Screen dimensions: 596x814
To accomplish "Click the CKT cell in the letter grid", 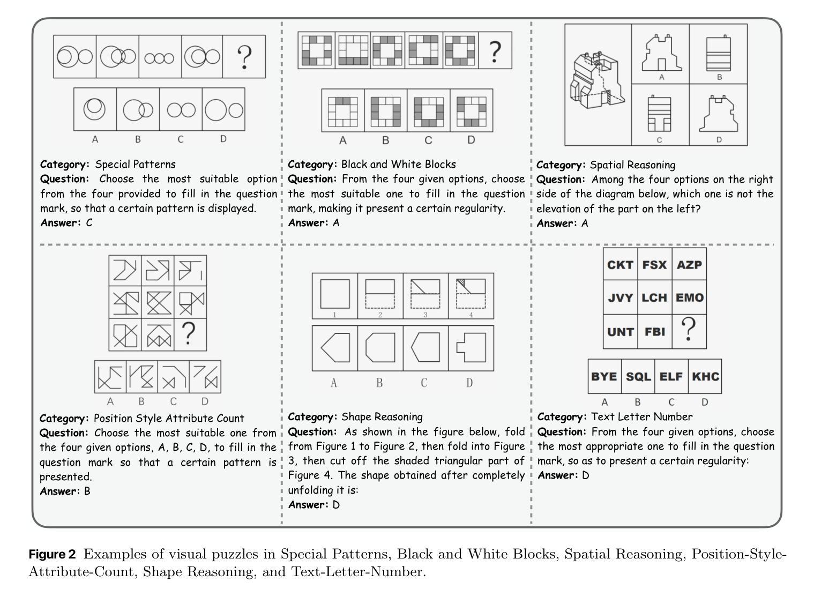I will pos(620,265).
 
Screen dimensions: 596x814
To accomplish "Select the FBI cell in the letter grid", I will pos(654,332).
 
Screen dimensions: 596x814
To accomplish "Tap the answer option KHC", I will pos(705,376).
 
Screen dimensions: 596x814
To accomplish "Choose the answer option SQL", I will pos(638,376).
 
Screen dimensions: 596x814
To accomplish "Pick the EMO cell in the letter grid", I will pos(689,298).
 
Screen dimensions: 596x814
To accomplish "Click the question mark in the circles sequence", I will pos(244,57).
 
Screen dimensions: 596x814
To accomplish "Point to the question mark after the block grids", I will pos(495,51).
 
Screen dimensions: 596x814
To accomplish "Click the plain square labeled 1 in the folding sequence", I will pos(335,294).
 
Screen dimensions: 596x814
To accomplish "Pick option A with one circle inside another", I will pos(95,109).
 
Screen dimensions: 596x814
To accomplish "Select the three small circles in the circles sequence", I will pos(160,58).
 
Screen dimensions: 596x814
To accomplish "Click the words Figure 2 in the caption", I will pos(52,554).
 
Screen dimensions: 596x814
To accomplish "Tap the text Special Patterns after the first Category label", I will pos(135,164).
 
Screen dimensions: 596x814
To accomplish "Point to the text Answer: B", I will pos(65,491).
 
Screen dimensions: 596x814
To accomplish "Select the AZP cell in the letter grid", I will pos(689,265).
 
